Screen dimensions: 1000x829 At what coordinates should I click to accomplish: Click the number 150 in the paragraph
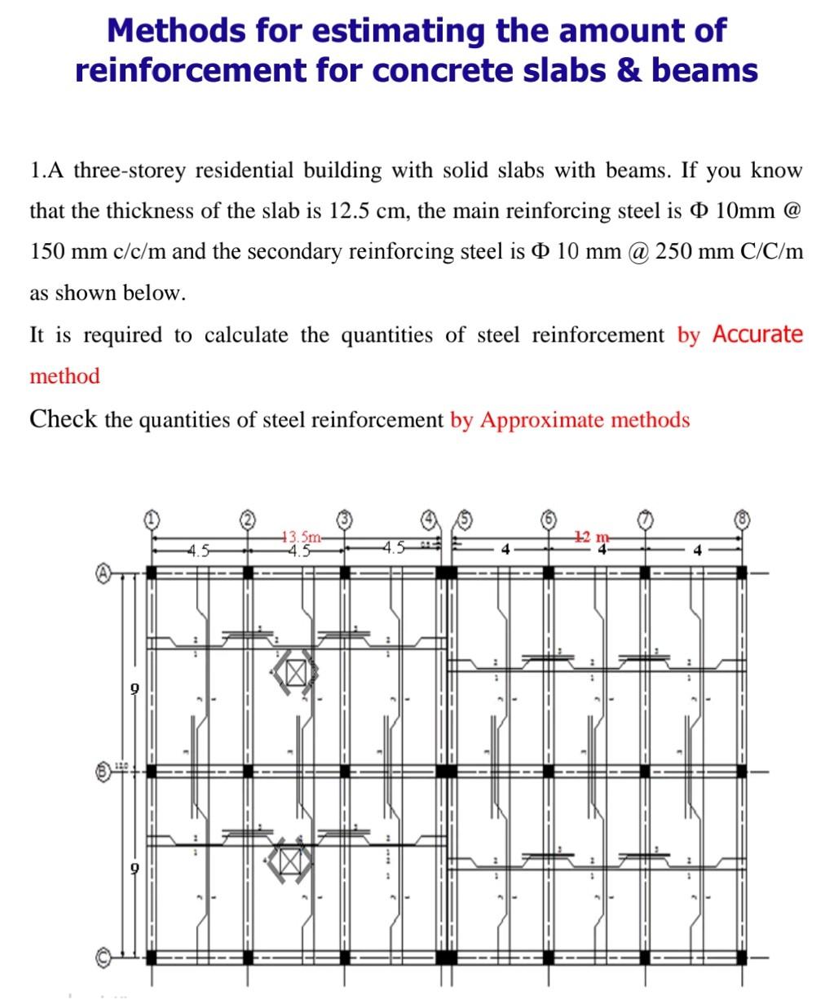pos(46,252)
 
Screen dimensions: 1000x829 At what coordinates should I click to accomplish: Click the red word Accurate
pos(756,334)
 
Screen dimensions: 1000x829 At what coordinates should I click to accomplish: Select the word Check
pos(63,419)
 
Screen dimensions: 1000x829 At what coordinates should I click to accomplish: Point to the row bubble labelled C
pos(104,956)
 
